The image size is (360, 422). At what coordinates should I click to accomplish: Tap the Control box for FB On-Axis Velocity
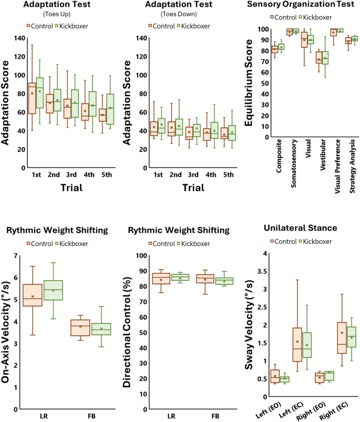pyautogui.click(x=80, y=327)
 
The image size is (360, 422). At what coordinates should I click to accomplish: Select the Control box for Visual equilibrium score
pyautogui.click(x=304, y=39)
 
